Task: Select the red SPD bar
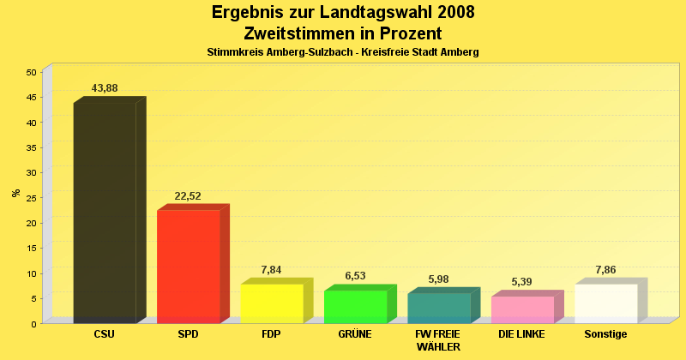[x=188, y=266]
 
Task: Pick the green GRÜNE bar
[x=355, y=306]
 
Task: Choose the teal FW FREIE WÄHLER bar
[x=438, y=308]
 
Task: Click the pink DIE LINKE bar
[x=522, y=309]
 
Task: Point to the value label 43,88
[x=105, y=89]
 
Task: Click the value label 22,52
[x=188, y=196]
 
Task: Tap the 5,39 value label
[x=522, y=282]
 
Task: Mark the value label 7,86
[x=605, y=270]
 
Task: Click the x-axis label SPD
[x=188, y=334]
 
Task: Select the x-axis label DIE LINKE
[x=521, y=334]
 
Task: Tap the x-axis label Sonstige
[x=605, y=334]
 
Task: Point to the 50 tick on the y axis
[x=30, y=72]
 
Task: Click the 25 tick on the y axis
[x=30, y=198]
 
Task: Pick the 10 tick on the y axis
[x=30, y=273]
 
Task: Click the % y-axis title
[x=15, y=193]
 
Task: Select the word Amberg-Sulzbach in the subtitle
[x=308, y=52]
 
